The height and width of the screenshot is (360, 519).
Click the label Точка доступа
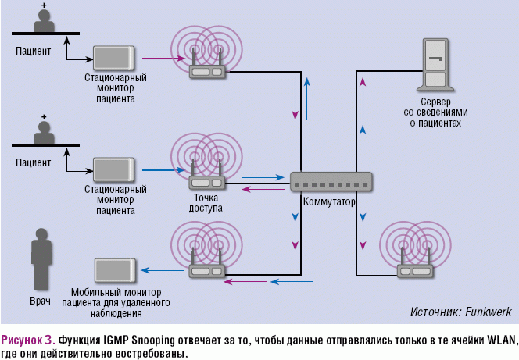click(206, 203)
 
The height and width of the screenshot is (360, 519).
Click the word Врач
click(41, 301)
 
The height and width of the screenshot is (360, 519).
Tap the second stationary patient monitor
click(116, 169)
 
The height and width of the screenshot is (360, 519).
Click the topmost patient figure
click(45, 21)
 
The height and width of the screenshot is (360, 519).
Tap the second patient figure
click(45, 133)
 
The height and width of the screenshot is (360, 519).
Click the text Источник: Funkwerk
click(460, 312)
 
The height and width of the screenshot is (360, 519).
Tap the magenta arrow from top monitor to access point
click(161, 58)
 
